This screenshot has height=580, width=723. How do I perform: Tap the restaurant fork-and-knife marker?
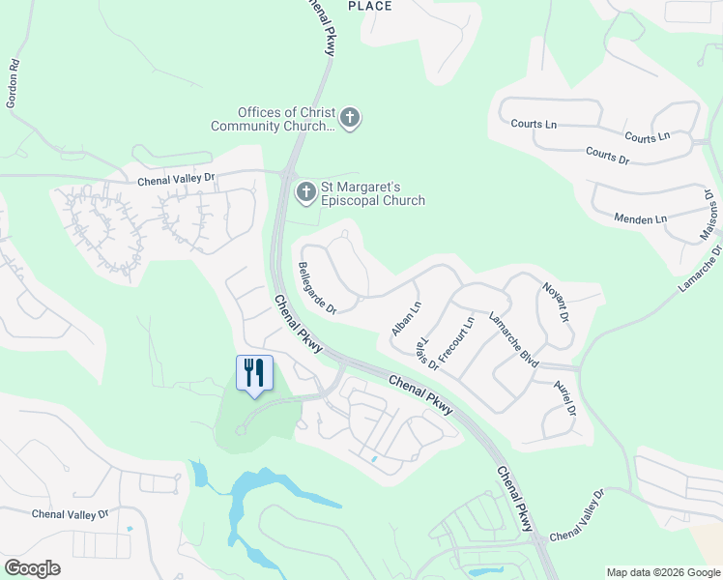[255, 373]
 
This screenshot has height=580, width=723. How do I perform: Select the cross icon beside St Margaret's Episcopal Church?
[305, 191]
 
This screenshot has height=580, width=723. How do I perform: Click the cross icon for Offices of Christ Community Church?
[350, 119]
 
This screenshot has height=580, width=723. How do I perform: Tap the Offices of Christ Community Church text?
[273, 119]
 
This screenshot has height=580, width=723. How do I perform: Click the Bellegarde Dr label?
[317, 288]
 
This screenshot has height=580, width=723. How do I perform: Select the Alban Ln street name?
[407, 319]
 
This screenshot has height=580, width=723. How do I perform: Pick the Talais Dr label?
[426, 355]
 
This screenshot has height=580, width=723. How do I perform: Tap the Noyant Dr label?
[553, 301]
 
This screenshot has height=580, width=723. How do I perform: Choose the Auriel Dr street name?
[564, 397]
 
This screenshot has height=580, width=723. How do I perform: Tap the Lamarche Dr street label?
[700, 270]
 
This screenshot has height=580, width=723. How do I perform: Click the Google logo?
[32, 568]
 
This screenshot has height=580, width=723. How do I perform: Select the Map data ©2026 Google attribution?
[663, 572]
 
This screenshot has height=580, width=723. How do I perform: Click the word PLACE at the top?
[370, 7]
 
